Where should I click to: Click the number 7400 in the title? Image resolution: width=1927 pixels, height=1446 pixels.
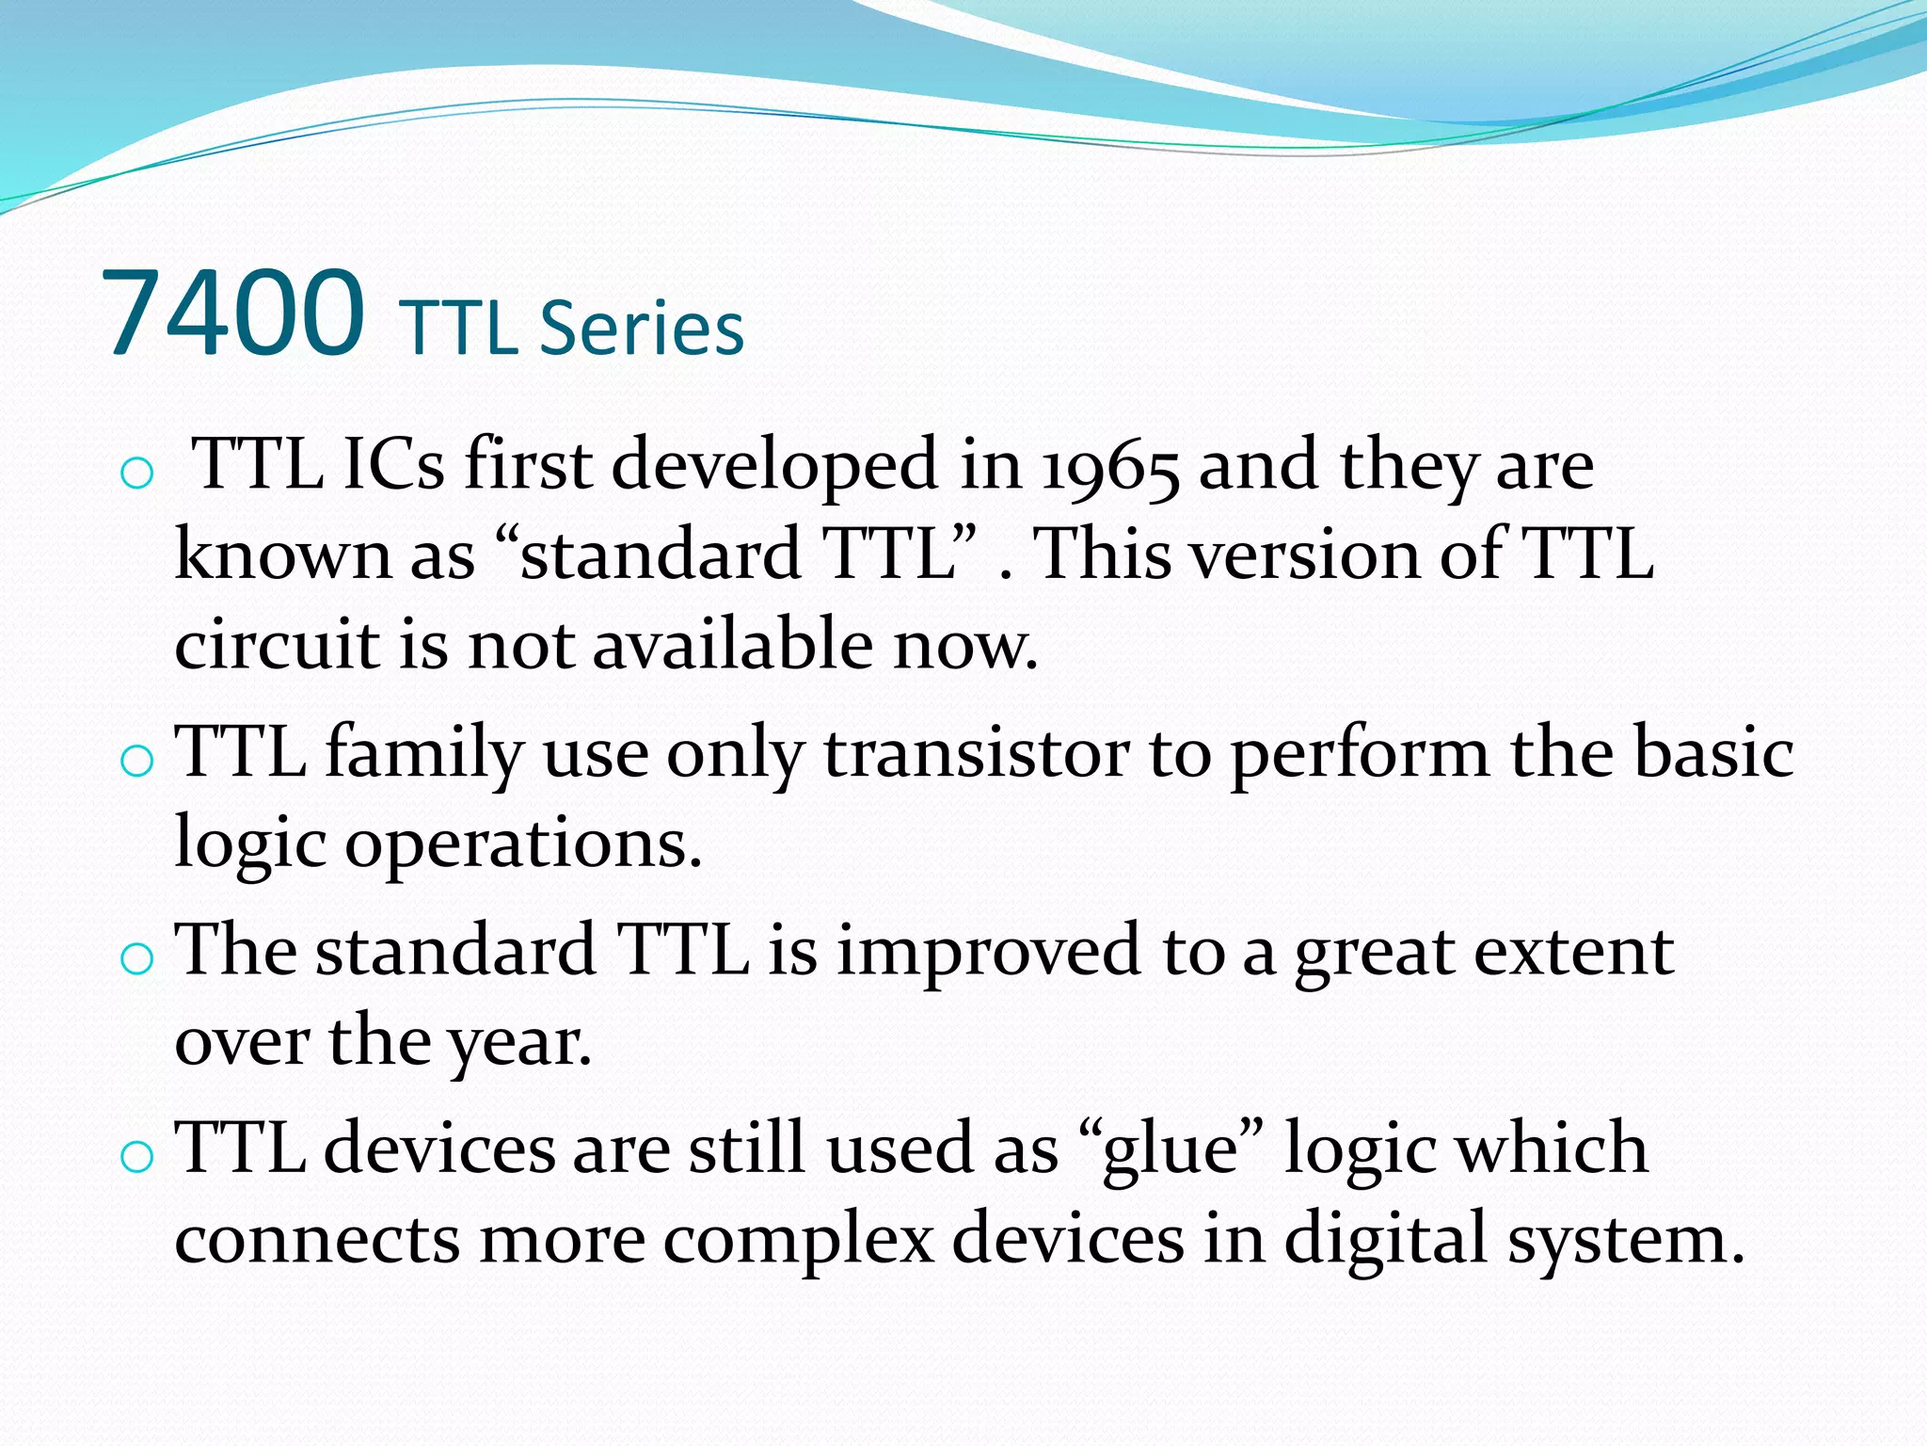[232, 313]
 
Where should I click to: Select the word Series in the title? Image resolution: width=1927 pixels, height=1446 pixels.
[642, 328]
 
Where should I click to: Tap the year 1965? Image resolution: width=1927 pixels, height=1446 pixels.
[1110, 466]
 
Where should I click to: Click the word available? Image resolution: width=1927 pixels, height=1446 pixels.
[734, 645]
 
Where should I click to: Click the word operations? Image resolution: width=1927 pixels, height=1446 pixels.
[522, 844]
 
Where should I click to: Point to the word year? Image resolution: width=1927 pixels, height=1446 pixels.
[518, 1043]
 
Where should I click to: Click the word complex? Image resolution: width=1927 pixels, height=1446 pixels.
[799, 1240]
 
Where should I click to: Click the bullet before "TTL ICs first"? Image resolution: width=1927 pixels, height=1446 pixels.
[137, 473]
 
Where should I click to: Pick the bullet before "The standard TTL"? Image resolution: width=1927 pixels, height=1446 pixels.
[137, 959]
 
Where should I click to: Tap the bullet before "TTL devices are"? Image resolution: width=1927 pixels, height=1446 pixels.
[137, 1157]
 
